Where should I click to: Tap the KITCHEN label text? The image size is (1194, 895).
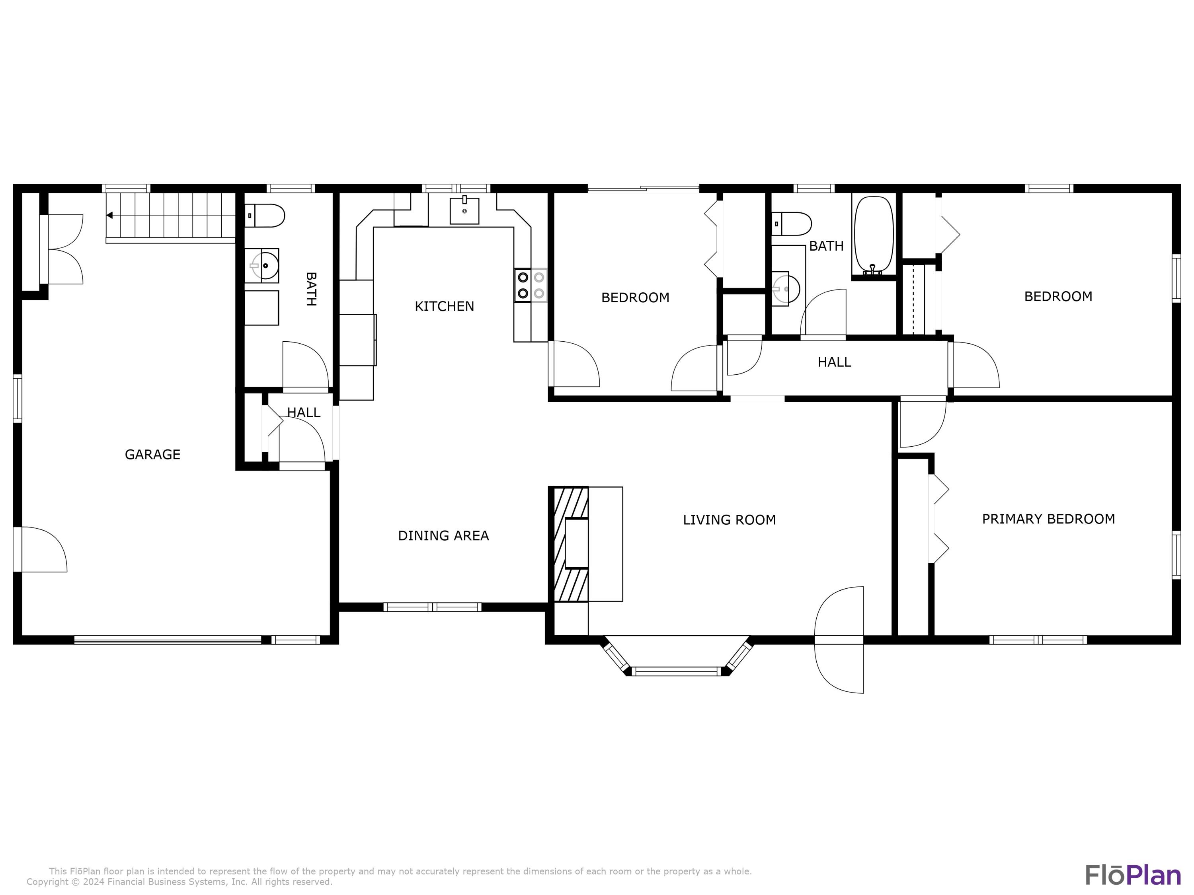coord(444,306)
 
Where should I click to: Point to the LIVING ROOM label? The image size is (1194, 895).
coord(729,520)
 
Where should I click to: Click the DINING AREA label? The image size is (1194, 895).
coord(443,536)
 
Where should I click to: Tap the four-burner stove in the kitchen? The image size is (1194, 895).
coord(530,285)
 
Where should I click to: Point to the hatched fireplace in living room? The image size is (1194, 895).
coord(569,544)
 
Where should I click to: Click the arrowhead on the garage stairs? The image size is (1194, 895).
coord(109,215)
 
